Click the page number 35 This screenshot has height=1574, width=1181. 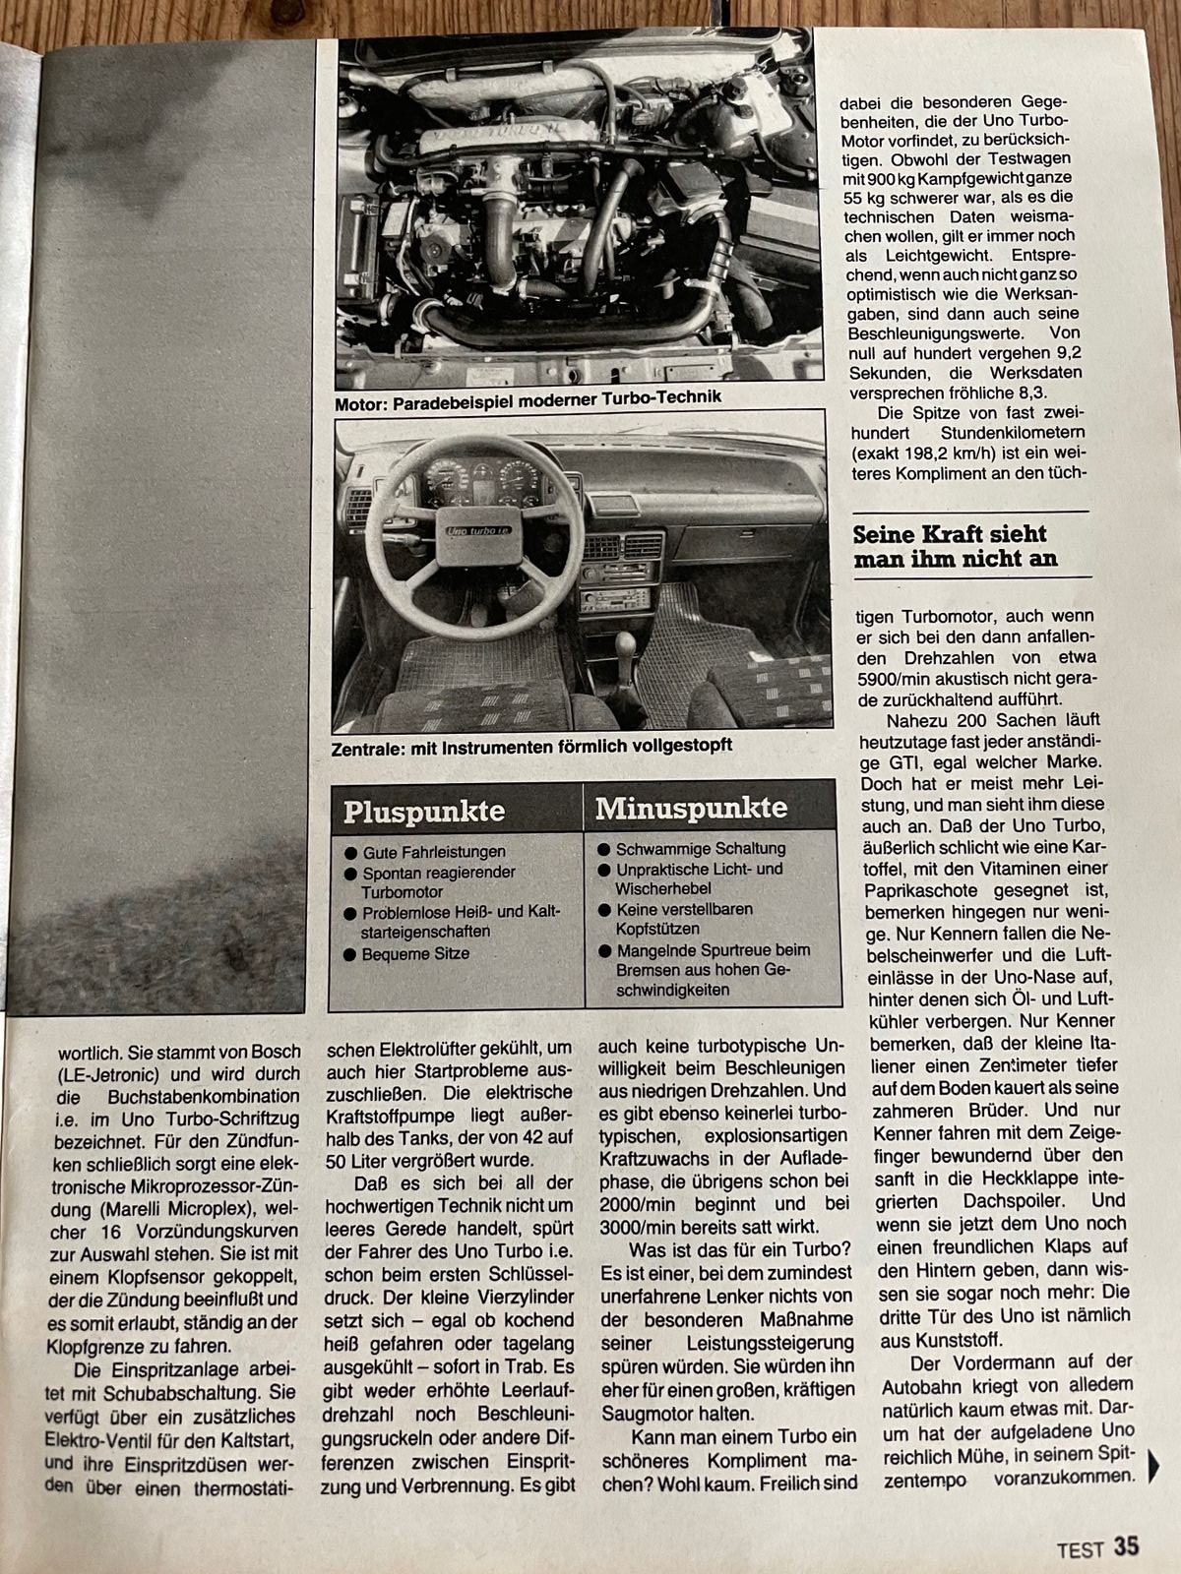tap(1127, 1545)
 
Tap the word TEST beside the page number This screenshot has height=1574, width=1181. tap(1081, 1549)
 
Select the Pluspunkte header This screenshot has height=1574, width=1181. tap(423, 812)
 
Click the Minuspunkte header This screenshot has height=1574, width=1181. tap(691, 809)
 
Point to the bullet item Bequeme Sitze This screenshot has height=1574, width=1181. tap(414, 954)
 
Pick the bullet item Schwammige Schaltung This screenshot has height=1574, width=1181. tap(700, 848)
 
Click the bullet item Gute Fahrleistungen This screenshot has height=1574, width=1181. tap(433, 852)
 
